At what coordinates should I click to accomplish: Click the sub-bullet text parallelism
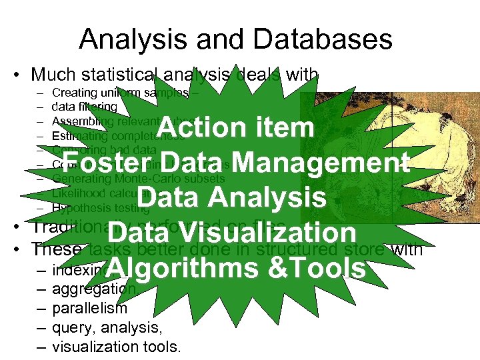(x=89, y=309)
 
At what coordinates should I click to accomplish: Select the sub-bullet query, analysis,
(x=107, y=327)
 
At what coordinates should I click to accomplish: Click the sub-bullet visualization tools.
(x=116, y=347)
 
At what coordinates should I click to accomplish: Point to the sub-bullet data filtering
(x=84, y=107)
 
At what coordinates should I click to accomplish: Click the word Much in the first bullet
(x=52, y=75)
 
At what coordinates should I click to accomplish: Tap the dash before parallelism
(x=41, y=309)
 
